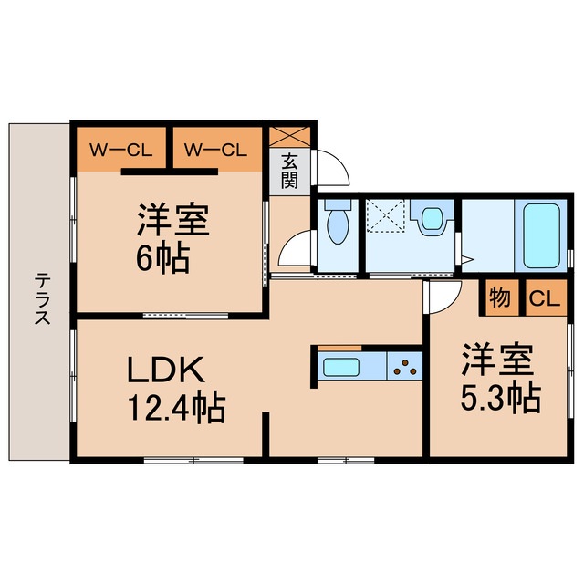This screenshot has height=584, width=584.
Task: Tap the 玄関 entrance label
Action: pos(290,169)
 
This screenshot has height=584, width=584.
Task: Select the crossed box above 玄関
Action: pos(292,135)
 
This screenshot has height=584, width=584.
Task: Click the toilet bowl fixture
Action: pos(337,224)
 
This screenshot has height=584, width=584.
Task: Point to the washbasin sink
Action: pos(431,220)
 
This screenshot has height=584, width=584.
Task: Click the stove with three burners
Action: pos(405,368)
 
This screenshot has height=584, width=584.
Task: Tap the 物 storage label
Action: pos(499,298)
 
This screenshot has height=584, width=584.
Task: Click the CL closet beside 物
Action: pos(543,298)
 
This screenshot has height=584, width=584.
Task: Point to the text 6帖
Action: pos(165,261)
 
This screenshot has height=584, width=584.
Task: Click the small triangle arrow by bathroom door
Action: pos(467,261)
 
